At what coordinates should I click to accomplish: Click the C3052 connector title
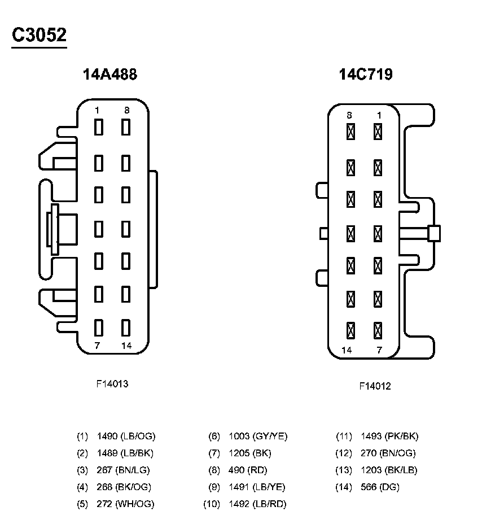click(x=40, y=35)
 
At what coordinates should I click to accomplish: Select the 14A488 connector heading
click(x=110, y=75)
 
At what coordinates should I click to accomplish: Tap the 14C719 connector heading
click(x=365, y=75)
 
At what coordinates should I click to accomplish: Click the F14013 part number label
click(x=112, y=384)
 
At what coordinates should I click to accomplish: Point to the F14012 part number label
click(x=375, y=386)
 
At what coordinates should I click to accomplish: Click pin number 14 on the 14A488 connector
click(x=126, y=346)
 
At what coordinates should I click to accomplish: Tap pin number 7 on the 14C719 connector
click(x=379, y=350)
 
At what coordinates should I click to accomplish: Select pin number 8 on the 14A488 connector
click(x=126, y=111)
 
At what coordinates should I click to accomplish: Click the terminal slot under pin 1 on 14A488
click(x=99, y=128)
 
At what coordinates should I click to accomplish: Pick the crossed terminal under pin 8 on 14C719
click(x=350, y=132)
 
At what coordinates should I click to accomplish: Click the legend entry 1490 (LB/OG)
click(x=126, y=436)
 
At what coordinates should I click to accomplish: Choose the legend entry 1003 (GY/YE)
click(x=258, y=436)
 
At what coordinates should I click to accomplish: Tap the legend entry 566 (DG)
click(x=380, y=487)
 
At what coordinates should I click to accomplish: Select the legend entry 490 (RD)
click(x=248, y=470)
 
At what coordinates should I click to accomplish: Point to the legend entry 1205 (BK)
click(x=250, y=453)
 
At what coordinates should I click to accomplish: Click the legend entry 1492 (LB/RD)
click(x=257, y=504)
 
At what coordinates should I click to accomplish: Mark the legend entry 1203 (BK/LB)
click(x=389, y=470)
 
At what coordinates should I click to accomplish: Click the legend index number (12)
click(x=344, y=453)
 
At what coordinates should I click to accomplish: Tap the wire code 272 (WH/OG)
click(x=125, y=504)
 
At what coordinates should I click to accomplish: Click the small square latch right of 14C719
click(x=434, y=233)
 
